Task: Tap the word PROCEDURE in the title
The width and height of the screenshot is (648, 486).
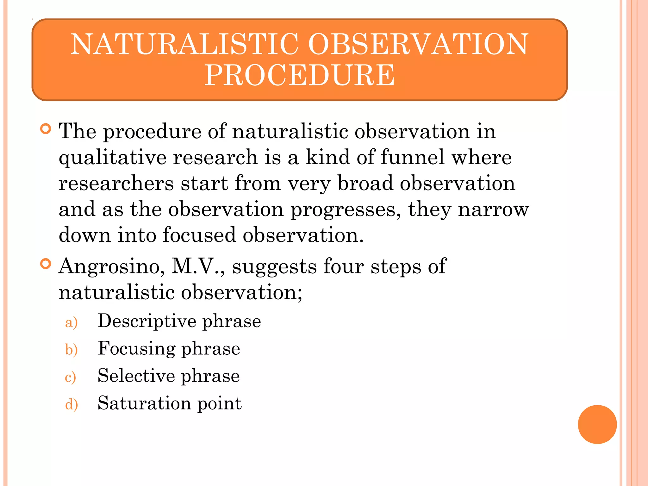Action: (300, 75)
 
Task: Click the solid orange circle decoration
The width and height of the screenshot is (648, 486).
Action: (597, 424)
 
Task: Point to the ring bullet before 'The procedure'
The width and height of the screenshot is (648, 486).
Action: (46, 129)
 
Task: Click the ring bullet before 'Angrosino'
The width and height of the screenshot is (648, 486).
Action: (46, 264)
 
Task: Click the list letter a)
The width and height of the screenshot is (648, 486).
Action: (71, 323)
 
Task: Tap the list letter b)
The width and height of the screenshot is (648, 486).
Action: (71, 350)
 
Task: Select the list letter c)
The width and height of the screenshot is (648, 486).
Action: (70, 377)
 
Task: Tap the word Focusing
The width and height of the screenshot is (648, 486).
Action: (136, 349)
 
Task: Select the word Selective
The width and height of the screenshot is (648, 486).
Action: (136, 376)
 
